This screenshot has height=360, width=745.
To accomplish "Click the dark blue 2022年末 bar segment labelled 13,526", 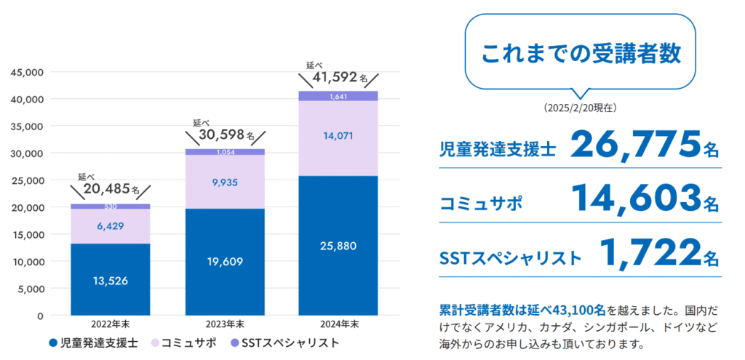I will tap(110, 280).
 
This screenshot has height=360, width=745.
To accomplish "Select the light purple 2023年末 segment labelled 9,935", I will tap(224, 182).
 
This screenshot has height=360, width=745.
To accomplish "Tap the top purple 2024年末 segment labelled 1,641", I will tap(338, 96).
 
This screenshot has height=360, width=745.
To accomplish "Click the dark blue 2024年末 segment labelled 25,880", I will tap(338, 246).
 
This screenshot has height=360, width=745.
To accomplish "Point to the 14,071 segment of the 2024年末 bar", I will tap(338, 135).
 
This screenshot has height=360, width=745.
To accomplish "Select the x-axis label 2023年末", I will tap(224, 324).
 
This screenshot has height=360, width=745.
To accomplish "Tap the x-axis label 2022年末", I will tap(110, 324).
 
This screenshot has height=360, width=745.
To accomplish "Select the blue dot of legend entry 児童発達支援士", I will tap(53, 342).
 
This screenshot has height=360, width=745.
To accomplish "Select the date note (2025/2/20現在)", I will tap(581, 108).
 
